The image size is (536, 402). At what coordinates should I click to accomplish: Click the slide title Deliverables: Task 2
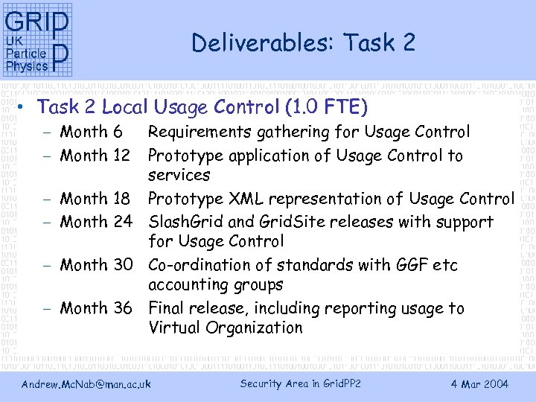pyautogui.click(x=303, y=43)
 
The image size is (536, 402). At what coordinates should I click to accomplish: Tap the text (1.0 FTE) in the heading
pyautogui.click(x=326, y=108)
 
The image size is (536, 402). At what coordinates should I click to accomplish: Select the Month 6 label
pyautogui.click(x=91, y=133)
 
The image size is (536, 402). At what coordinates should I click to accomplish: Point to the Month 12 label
pyautogui.click(x=95, y=156)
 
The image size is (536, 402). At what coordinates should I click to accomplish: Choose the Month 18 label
pyautogui.click(x=95, y=199)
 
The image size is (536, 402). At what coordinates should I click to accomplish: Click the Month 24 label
pyautogui.click(x=95, y=222)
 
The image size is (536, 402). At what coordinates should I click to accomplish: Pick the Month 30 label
pyautogui.click(x=95, y=265)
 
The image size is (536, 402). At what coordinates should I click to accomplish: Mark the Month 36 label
pyautogui.click(x=95, y=308)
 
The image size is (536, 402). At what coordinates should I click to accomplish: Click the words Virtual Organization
pyautogui.click(x=226, y=328)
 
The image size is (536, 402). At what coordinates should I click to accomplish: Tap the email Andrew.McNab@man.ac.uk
pyautogui.click(x=86, y=384)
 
